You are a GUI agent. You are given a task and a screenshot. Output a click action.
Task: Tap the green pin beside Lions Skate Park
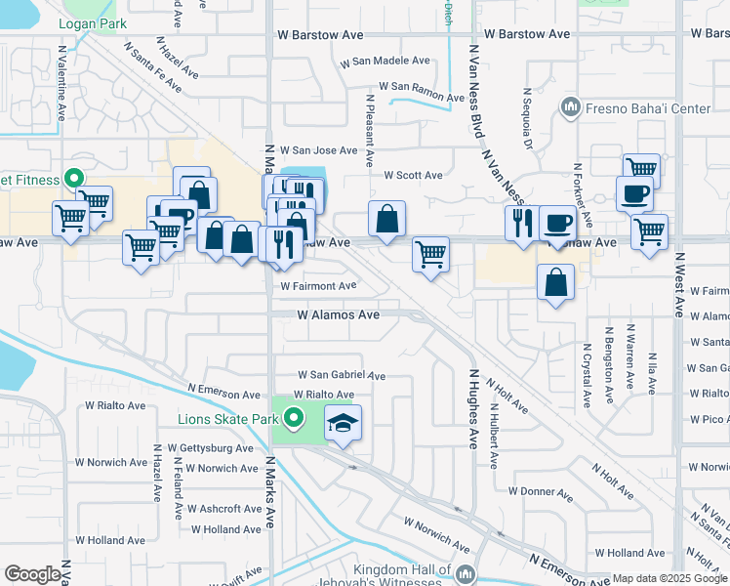tap(292, 420)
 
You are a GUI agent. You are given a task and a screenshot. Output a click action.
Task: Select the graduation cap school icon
tap(343, 423)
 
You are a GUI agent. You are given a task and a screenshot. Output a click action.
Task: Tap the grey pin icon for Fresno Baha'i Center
tap(571, 106)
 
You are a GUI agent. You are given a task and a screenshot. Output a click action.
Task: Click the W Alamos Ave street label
tap(339, 315)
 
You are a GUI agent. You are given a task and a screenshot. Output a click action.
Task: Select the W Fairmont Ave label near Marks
tap(319, 286)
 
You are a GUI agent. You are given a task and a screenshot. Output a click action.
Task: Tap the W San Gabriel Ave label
tap(342, 375)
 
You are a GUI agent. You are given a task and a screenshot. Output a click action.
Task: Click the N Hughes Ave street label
tap(472, 407)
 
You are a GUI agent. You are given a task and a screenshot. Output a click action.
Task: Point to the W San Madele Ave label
tap(385, 61)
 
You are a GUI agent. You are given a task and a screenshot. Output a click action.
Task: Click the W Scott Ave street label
tap(413, 176)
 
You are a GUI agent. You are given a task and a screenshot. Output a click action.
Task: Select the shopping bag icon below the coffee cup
tap(555, 283)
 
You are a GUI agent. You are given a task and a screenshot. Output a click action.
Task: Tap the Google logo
tap(32, 574)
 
